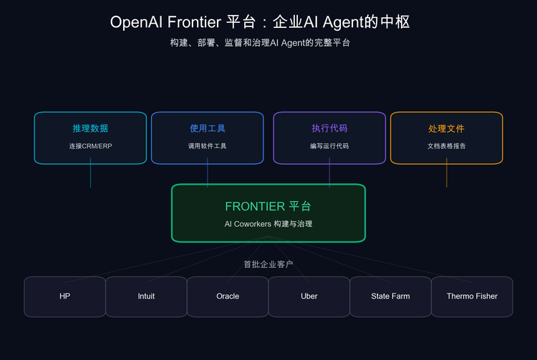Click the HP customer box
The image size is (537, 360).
click(x=64, y=296)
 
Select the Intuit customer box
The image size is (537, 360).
click(x=146, y=296)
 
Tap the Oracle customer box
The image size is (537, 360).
click(x=228, y=296)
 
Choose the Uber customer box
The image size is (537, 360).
click(x=309, y=296)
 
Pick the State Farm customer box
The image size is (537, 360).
click(x=390, y=296)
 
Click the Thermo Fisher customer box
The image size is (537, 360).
click(x=472, y=296)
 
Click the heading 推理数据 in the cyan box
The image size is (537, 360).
click(x=90, y=129)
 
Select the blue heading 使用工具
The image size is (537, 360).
click(x=208, y=129)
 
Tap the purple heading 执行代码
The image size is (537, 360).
click(x=329, y=129)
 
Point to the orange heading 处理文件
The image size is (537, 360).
click(x=446, y=129)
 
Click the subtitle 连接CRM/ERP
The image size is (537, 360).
click(x=90, y=146)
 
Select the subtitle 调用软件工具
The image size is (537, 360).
click(x=208, y=146)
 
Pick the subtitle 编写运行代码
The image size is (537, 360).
click(x=329, y=146)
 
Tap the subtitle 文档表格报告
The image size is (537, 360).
click(x=446, y=146)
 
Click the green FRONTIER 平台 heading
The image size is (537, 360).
click(x=268, y=206)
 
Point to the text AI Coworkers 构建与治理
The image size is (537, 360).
click(x=268, y=224)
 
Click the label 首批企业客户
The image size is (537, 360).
click(x=268, y=264)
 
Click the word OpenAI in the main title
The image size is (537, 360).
click(x=134, y=22)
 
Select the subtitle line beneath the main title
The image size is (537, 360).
click(x=268, y=43)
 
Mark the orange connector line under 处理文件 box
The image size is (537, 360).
click(x=447, y=175)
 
